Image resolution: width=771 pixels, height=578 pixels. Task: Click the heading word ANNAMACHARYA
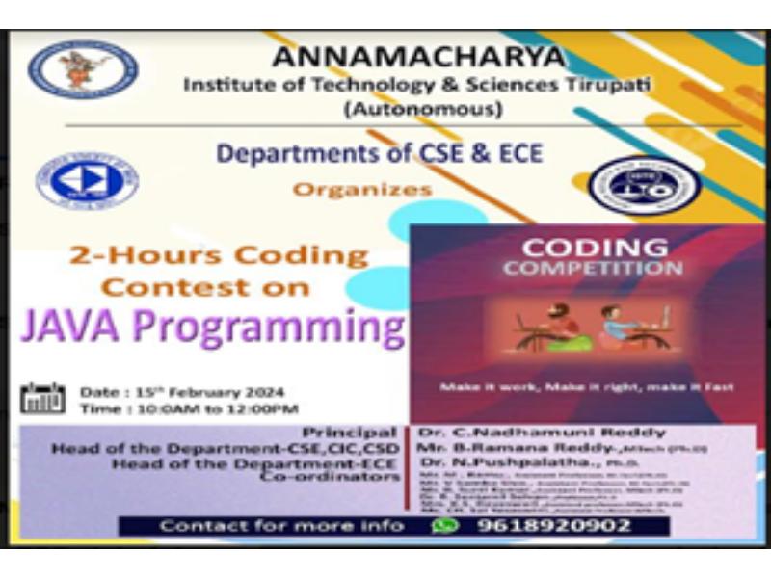[417, 57]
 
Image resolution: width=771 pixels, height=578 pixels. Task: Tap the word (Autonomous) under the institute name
[423, 109]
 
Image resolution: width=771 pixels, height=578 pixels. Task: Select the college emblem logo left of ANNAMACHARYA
[83, 69]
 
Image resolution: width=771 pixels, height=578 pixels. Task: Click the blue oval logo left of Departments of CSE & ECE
[87, 182]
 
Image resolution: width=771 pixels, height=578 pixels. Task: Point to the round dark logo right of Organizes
[645, 185]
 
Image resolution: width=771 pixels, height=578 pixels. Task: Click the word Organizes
[362, 190]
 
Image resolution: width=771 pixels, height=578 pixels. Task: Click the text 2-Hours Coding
[219, 256]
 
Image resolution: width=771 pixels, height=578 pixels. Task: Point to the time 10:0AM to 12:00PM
[207, 409]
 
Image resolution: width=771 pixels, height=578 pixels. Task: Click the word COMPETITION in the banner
[593, 269]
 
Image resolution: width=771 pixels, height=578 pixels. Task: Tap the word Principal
[349, 432]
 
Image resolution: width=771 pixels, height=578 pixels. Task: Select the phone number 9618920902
[554, 526]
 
